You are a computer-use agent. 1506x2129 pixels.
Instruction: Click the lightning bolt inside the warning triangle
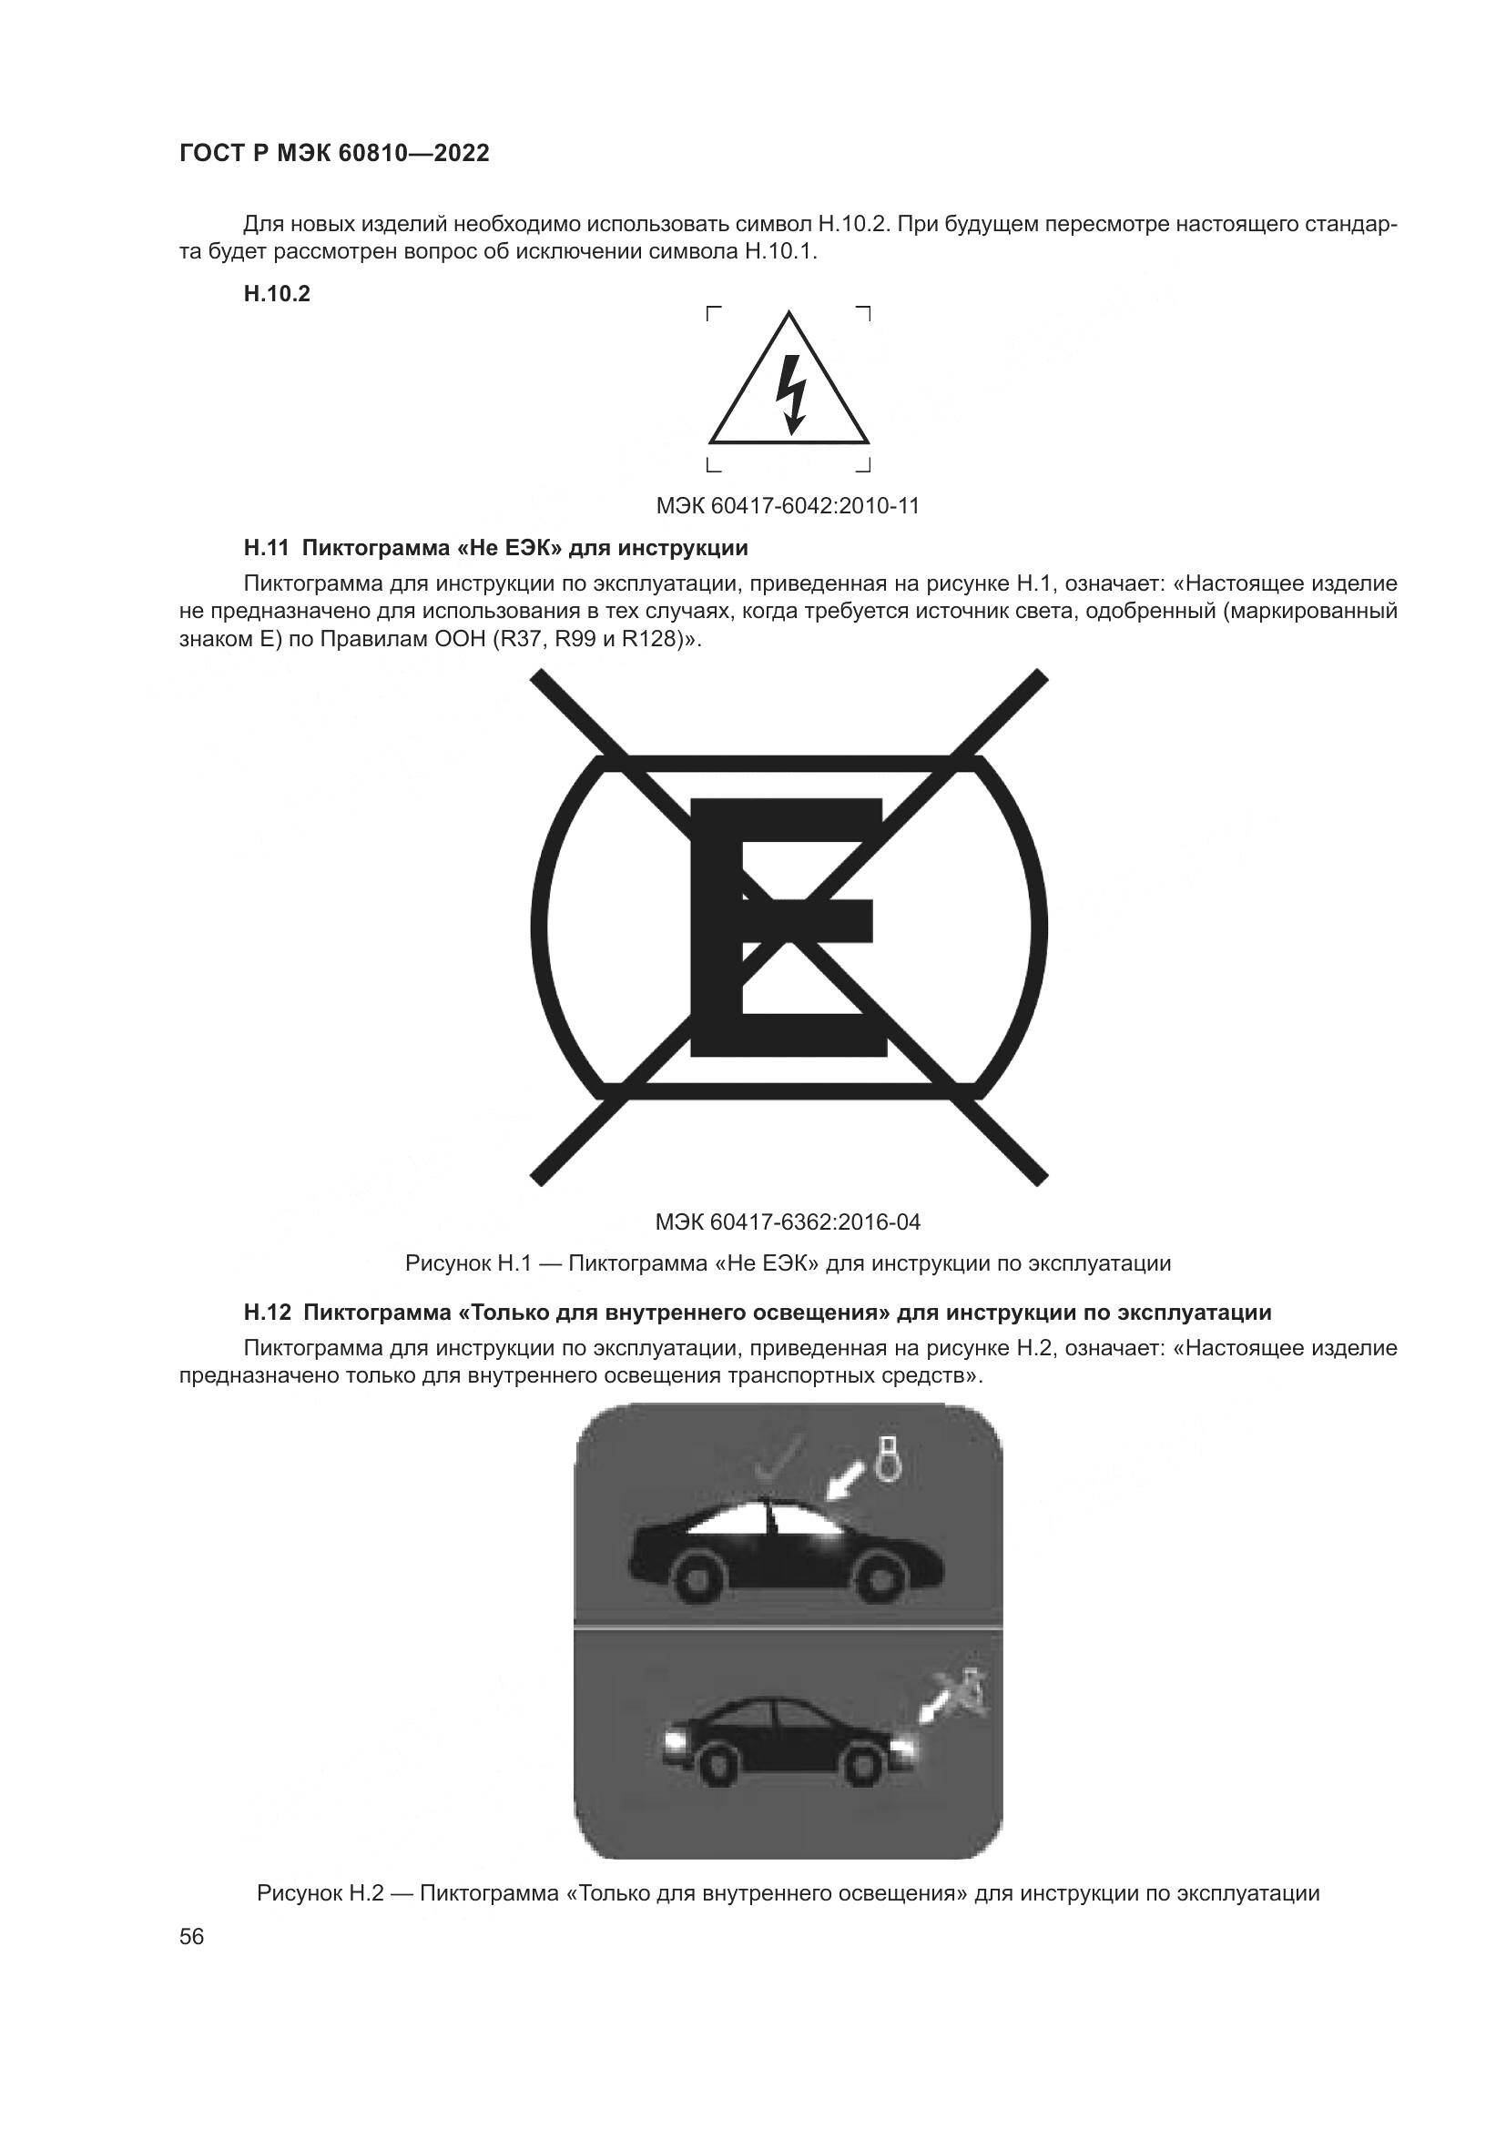click(789, 396)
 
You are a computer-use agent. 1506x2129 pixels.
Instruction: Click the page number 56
click(191, 1937)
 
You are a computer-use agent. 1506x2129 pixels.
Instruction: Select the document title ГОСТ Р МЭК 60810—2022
click(334, 154)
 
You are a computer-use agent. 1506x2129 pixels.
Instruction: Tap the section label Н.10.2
click(277, 295)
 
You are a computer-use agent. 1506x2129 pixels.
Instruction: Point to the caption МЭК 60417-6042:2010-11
click(788, 506)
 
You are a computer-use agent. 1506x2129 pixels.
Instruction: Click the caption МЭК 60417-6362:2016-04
click(788, 1222)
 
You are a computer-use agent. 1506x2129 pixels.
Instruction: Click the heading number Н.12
click(267, 1313)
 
